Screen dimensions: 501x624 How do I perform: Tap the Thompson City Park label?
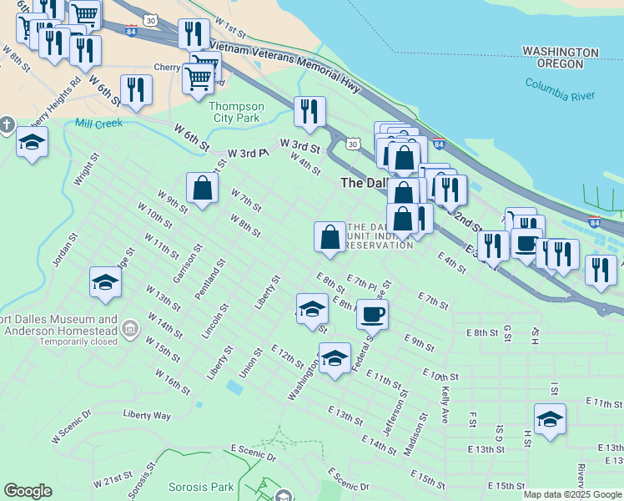[x=236, y=112]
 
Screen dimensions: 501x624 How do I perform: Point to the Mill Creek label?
[x=98, y=124]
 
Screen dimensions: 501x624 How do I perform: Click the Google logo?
[x=28, y=491]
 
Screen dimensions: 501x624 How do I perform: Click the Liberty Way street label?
[x=147, y=415]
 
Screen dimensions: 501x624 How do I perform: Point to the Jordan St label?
[x=63, y=251]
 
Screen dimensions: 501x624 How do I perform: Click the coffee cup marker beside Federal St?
[x=372, y=314]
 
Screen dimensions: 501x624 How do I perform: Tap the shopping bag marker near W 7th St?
[x=202, y=188]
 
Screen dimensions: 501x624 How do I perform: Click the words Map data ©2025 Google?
[x=572, y=494]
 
